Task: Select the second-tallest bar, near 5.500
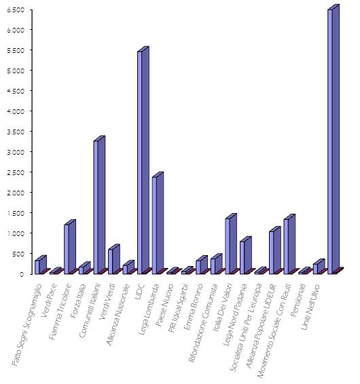click(x=141, y=163)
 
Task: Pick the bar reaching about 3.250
click(x=97, y=207)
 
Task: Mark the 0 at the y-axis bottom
click(x=22, y=274)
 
